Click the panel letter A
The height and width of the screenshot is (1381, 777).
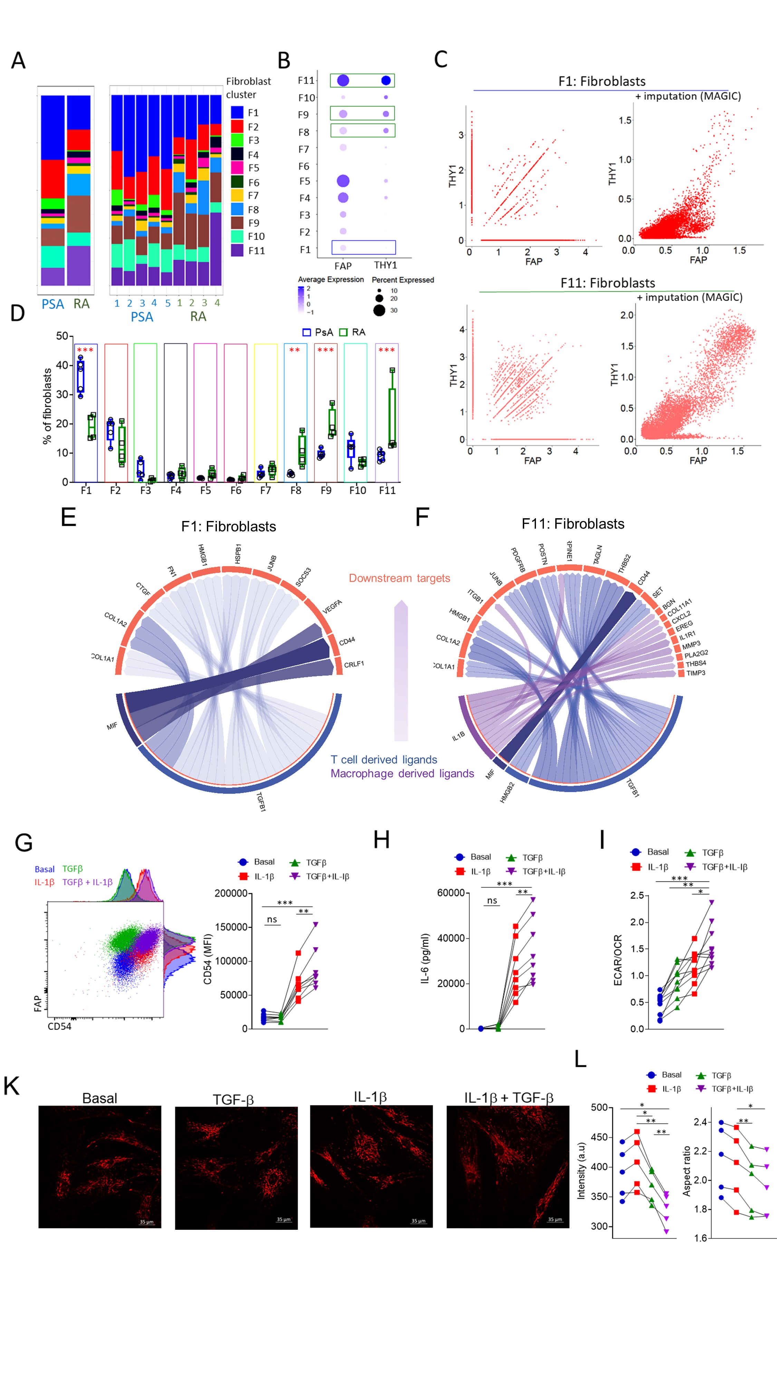(18, 60)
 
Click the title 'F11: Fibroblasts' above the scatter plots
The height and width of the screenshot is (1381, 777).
(607, 283)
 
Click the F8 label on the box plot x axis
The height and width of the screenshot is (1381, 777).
(296, 490)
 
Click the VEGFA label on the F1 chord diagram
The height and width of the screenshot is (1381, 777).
(332, 607)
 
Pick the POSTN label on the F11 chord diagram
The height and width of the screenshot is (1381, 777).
(543, 554)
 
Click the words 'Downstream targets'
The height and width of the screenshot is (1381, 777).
(400, 578)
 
